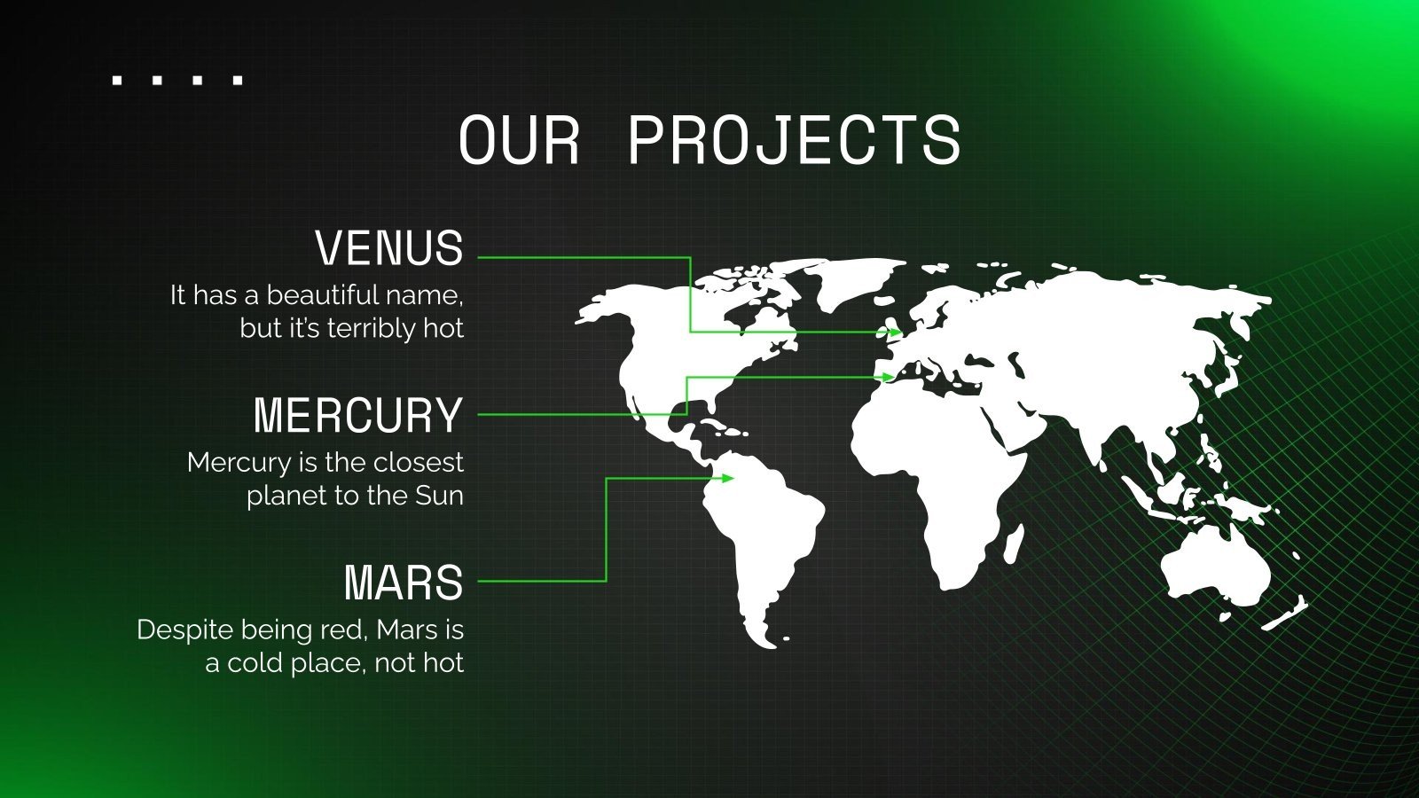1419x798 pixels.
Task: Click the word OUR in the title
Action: (519, 141)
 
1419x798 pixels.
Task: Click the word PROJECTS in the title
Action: (795, 141)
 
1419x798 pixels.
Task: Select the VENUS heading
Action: (389, 248)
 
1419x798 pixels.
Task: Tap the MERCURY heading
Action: (358, 415)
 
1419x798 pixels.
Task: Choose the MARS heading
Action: (404, 583)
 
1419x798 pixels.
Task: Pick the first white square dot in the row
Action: (117, 81)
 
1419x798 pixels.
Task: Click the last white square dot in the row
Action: (237, 81)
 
